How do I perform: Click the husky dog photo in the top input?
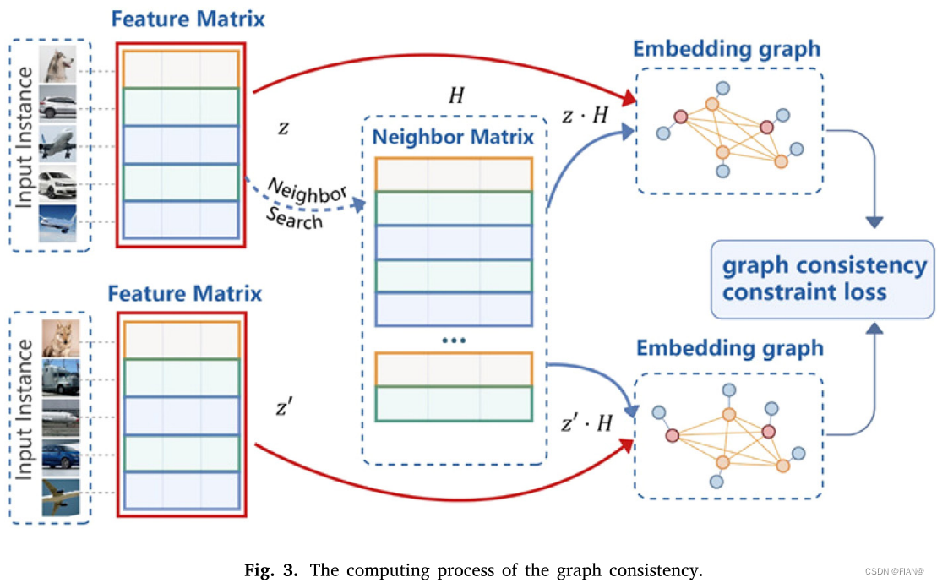coord(57,65)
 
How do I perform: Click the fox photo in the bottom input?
coord(60,338)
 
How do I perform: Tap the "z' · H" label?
coord(586,423)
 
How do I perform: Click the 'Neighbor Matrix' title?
coord(454,137)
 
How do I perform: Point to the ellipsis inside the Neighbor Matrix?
coord(454,340)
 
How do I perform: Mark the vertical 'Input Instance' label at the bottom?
coord(25,410)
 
